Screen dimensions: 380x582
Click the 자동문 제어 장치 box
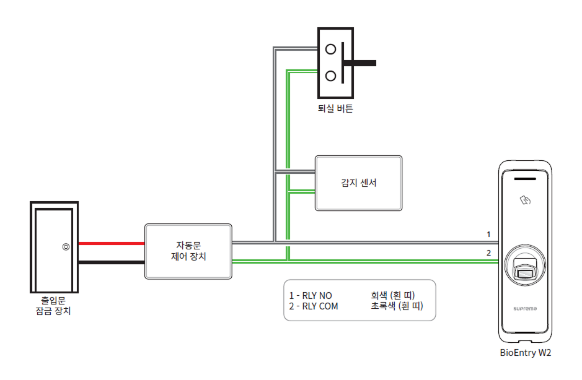click(x=188, y=251)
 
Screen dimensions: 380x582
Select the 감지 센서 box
click(x=358, y=183)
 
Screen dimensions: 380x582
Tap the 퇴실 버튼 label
click(x=335, y=109)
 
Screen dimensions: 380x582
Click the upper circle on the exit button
click(x=331, y=49)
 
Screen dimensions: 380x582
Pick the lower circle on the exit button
click(x=331, y=76)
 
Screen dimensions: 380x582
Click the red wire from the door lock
click(x=111, y=244)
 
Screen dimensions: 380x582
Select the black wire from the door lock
click(x=111, y=262)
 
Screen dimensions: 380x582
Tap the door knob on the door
click(x=66, y=247)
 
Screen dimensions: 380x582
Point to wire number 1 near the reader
click(x=488, y=235)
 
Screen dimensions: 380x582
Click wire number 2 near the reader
click(x=488, y=253)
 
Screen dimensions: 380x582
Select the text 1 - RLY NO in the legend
click(x=311, y=295)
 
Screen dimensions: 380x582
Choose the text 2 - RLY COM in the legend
click(x=314, y=306)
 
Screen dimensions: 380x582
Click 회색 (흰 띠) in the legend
click(x=392, y=295)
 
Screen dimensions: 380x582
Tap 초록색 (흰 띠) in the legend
click(x=397, y=306)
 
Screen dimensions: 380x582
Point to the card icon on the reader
click(x=525, y=200)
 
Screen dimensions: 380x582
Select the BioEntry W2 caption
click(x=525, y=353)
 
